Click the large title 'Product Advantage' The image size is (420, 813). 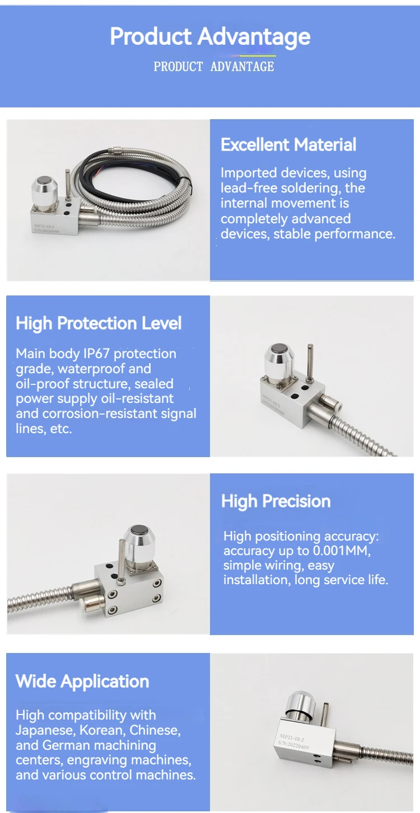pos(210,37)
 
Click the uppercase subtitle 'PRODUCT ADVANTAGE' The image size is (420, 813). pos(214,67)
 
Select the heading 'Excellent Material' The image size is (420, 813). pos(288,145)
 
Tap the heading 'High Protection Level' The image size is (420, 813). pos(99,323)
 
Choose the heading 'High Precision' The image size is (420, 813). pos(276,501)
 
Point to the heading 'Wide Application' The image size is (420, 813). pos(82,682)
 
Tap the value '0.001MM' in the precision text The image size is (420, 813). pos(335,551)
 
